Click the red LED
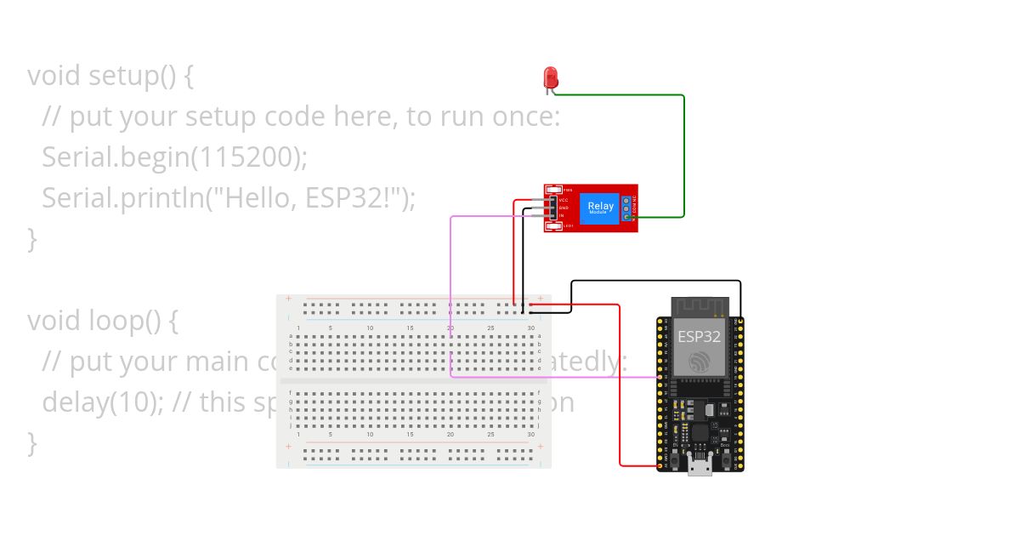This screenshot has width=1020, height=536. point(550,77)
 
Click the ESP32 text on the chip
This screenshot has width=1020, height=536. point(699,336)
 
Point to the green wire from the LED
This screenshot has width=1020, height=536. point(683,153)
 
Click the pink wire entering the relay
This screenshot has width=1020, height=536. point(493,216)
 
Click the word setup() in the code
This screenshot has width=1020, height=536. point(133,76)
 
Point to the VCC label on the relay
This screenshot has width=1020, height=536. point(564,200)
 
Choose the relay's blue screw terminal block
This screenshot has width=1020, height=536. point(627,208)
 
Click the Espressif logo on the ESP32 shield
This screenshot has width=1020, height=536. point(699,361)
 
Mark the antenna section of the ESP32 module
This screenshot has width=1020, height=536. point(700,305)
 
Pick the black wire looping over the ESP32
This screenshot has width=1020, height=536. point(654,281)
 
